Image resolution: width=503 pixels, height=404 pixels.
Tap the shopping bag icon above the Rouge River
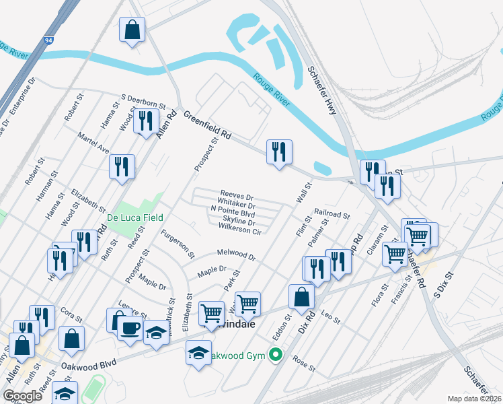pos(132,30)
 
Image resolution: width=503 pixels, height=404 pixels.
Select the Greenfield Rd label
pos(207,125)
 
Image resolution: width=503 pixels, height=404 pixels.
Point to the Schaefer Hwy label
pos(322,89)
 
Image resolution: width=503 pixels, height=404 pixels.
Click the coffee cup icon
pos(130,328)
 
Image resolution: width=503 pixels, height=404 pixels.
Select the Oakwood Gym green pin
pos(274,354)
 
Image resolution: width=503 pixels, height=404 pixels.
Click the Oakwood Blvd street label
pos(89,364)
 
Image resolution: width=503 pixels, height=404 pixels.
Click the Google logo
pos(23,396)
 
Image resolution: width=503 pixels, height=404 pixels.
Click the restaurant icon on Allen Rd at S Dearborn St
pos(145,121)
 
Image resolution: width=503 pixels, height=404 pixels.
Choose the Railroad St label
pos(332,214)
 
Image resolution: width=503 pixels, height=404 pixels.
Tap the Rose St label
pos(303,364)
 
